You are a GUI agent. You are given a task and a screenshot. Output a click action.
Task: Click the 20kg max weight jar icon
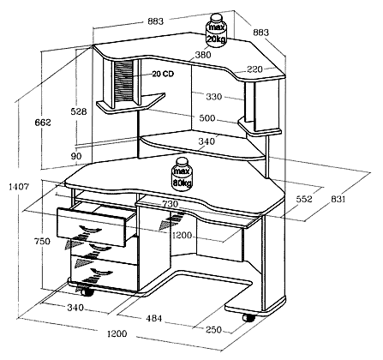pyautogui.click(x=216, y=31)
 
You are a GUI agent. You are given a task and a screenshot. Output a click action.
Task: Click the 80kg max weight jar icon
pyautogui.click(x=182, y=174)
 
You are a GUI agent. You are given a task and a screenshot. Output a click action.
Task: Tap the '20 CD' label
pyautogui.click(x=163, y=74)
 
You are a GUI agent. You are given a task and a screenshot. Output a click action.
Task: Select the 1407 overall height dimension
pyautogui.click(x=19, y=187)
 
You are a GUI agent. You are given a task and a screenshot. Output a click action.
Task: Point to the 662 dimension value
pyautogui.click(x=43, y=123)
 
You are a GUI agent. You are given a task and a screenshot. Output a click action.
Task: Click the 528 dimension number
pyautogui.click(x=79, y=111)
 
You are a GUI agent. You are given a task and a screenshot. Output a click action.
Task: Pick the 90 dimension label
pyautogui.click(x=76, y=156)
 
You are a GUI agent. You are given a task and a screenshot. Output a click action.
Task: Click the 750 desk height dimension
pyautogui.click(x=42, y=242)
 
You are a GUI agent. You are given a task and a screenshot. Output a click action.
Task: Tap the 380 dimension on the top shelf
pyautogui.click(x=203, y=55)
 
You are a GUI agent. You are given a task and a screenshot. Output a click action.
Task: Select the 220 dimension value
pyautogui.click(x=254, y=69)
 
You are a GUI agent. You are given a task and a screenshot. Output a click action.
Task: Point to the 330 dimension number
pyautogui.click(x=214, y=97)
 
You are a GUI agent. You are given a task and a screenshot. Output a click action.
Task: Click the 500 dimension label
pyautogui.click(x=206, y=118)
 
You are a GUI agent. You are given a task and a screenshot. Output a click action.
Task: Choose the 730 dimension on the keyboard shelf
pyautogui.click(x=171, y=204)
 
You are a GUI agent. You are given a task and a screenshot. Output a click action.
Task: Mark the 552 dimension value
pyautogui.click(x=304, y=199)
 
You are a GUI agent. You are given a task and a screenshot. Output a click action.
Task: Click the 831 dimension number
pyautogui.click(x=338, y=199)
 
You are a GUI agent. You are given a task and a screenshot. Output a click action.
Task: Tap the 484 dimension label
pyautogui.click(x=154, y=318)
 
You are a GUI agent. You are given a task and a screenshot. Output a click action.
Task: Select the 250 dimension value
pyautogui.click(x=213, y=329)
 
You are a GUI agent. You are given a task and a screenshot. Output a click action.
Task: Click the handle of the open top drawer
pyautogui.click(x=90, y=229)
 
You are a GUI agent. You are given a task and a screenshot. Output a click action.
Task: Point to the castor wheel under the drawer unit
pyautogui.click(x=87, y=292)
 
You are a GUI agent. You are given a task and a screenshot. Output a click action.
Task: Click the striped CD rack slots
pyautogui.click(x=124, y=81)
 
